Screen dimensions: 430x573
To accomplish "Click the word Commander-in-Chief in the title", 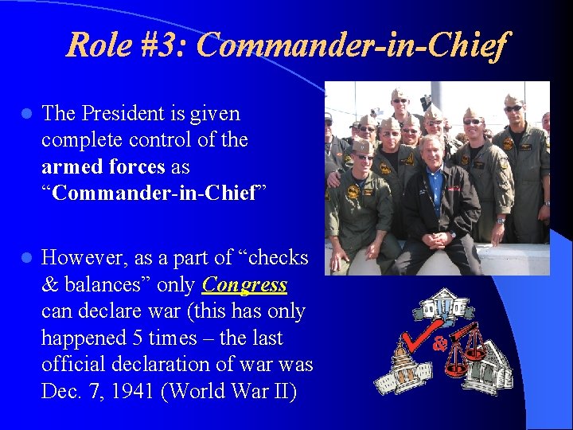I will pos(351,45).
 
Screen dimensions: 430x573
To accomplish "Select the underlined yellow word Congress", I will pos(245,284).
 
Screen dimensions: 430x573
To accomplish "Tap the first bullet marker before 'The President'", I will pos(25,114).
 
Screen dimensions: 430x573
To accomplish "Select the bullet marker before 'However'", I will pos(25,258).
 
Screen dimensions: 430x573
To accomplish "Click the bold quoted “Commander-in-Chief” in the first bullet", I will pos(149,193).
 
